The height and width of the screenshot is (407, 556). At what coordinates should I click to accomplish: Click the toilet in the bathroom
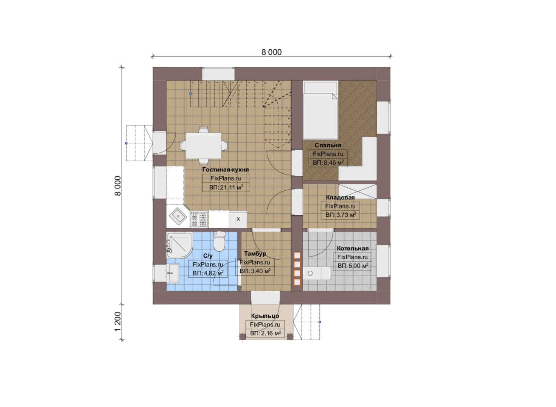219,242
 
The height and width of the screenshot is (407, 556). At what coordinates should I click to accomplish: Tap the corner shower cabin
179,245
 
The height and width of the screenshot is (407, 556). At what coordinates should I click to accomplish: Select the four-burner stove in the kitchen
199,219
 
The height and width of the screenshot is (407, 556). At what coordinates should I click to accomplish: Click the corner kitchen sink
178,216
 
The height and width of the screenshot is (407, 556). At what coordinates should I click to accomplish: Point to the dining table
204,145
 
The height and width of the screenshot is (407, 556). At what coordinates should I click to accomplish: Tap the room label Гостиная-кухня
225,170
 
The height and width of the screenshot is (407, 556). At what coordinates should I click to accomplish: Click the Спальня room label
328,145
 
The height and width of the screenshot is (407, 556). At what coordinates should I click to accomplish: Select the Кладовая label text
340,197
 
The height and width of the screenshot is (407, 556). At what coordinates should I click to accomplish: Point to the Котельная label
352,248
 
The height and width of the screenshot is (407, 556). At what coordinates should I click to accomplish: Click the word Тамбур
255,254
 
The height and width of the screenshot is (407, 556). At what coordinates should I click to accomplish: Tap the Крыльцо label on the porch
265,316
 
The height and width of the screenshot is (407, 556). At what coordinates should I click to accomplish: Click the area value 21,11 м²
226,187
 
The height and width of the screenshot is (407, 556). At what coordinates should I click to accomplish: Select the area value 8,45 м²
328,162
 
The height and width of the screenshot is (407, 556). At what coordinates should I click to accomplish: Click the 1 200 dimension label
118,321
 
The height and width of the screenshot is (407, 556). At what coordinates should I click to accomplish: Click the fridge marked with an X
238,219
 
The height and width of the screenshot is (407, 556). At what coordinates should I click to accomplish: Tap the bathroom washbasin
173,273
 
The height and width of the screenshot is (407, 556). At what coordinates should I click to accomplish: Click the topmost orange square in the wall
297,255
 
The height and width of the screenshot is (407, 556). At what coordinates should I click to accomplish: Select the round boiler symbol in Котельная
310,273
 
